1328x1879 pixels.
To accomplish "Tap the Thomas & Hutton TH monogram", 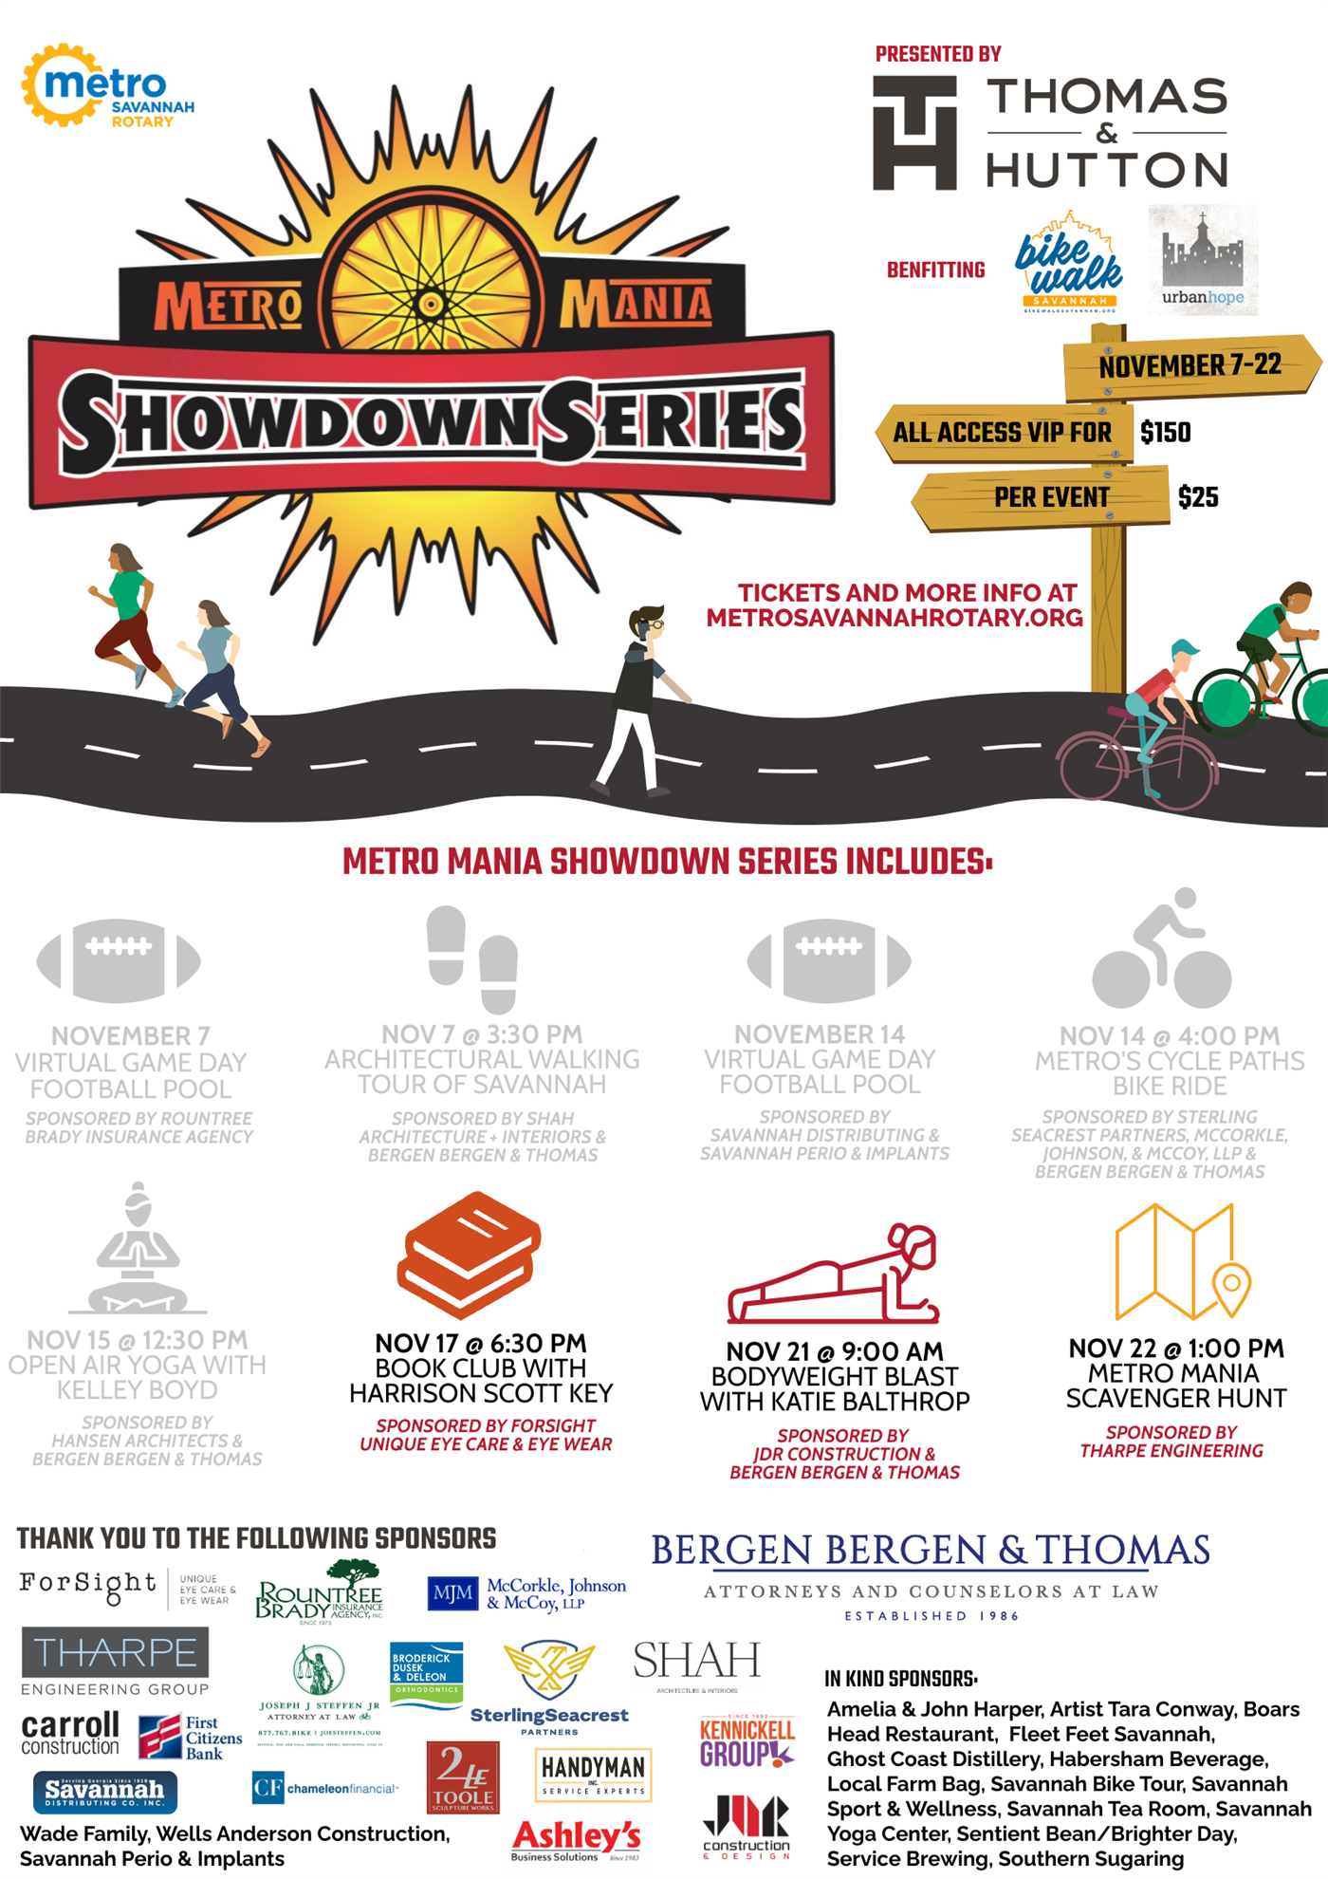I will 914,133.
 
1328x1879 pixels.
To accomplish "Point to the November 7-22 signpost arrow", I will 1190,365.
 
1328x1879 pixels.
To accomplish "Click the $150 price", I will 1165,433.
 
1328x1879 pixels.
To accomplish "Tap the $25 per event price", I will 1197,497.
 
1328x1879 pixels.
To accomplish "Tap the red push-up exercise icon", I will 834,1276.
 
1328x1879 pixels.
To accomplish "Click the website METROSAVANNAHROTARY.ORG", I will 895,618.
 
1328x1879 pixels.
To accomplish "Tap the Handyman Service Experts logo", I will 593,1775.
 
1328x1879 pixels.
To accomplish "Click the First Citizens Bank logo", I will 190,1737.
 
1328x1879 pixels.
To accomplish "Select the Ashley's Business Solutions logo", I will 576,1840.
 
